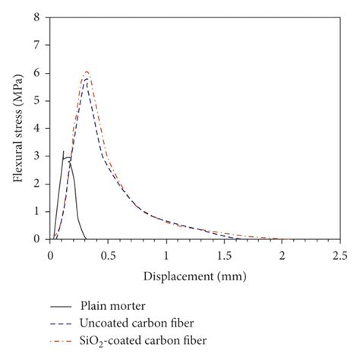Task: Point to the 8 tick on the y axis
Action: click(38, 17)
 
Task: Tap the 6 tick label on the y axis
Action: click(38, 73)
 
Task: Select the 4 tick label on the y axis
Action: click(38, 128)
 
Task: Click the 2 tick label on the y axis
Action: click(38, 184)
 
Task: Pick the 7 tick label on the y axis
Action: click(38, 46)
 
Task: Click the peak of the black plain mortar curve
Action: click(64, 152)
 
